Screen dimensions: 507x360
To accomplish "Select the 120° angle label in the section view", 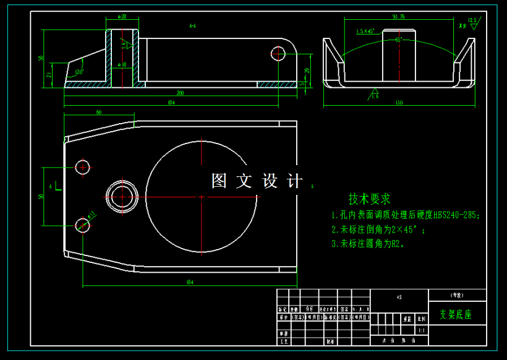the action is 79,72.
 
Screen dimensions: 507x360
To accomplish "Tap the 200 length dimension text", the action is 180,93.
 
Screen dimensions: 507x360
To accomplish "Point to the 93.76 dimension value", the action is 399,17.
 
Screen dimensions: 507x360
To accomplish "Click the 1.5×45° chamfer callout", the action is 366,30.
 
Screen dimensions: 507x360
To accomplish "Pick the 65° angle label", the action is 399,40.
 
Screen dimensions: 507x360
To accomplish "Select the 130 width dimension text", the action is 399,103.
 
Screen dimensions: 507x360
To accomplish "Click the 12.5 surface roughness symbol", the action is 473,20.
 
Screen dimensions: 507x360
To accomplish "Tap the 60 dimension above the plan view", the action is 98,113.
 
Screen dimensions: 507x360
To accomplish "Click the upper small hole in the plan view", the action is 83,166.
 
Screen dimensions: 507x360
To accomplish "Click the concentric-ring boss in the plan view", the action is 122,196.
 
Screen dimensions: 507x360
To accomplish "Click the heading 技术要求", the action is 369,199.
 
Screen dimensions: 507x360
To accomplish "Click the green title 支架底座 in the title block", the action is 455,314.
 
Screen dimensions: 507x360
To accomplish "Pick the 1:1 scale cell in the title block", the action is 422,331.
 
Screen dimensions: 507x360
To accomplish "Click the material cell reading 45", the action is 399,298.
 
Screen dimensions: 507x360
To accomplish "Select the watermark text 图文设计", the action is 257,181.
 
